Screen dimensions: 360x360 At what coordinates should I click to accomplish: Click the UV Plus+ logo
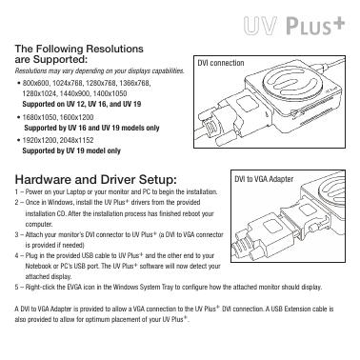294,26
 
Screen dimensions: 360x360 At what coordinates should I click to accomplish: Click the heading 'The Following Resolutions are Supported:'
79,54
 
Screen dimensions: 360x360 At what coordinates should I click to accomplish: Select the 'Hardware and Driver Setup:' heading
95,180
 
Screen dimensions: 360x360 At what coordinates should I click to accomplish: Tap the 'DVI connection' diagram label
221,63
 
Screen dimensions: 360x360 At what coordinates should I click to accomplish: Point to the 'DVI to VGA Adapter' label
264,179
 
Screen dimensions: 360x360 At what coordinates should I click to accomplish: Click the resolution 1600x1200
76,117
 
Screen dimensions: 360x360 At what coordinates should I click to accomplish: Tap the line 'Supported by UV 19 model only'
71,150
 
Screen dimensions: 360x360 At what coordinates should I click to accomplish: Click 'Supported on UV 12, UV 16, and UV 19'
82,104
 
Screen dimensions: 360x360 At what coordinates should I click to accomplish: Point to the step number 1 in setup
16,192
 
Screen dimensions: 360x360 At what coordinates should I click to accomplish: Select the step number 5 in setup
17,288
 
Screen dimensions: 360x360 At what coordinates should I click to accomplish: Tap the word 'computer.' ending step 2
39,225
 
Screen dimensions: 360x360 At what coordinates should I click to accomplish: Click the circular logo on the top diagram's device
288,83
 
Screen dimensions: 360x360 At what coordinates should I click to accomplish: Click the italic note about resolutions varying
100,70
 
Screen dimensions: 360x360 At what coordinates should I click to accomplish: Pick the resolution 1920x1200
40,140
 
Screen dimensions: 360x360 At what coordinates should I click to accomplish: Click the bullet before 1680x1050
18,117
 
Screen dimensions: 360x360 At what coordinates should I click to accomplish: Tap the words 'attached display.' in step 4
49,276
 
